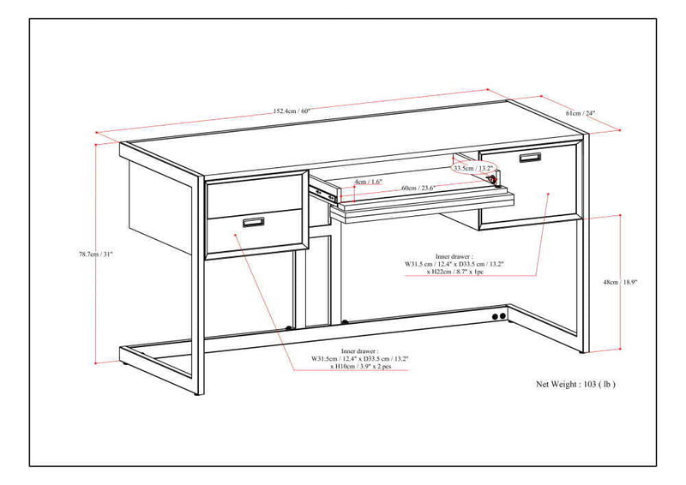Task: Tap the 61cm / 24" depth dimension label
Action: (x=580, y=113)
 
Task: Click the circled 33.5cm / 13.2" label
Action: (x=474, y=169)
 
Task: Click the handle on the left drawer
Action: (x=254, y=223)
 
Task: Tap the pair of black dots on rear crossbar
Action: (x=496, y=316)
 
